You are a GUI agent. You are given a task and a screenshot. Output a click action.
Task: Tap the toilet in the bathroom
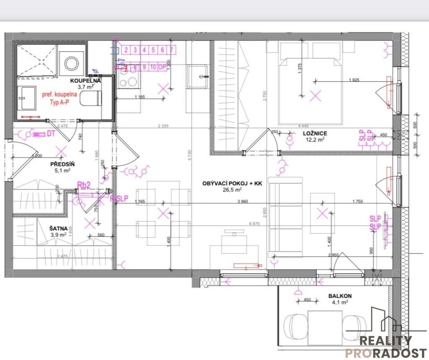(x=91, y=98)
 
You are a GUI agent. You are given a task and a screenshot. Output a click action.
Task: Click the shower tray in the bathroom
(x=36, y=59)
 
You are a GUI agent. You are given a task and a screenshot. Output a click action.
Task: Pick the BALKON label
(x=340, y=295)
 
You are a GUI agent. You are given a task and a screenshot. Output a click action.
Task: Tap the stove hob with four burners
(x=130, y=80)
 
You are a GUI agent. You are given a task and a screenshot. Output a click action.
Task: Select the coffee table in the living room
(x=322, y=212)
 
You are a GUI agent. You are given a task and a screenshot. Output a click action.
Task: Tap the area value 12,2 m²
(x=315, y=140)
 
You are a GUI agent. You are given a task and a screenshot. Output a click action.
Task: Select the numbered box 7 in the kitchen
(x=172, y=50)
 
